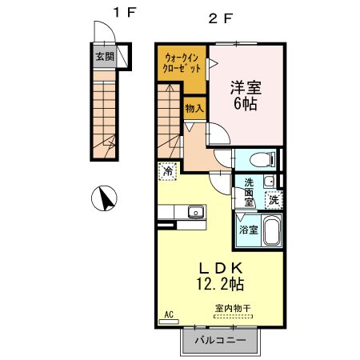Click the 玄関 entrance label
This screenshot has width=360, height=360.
pos(104,57)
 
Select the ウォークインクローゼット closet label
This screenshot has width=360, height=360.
pos(182,63)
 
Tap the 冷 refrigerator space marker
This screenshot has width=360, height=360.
pos(168,170)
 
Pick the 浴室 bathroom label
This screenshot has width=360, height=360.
pos(248,230)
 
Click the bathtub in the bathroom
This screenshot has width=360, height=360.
pos(270,231)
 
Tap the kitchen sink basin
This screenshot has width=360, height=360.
pos(194,212)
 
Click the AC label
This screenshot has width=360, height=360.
pos(169,314)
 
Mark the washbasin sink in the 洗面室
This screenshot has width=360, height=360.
pos(270,181)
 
